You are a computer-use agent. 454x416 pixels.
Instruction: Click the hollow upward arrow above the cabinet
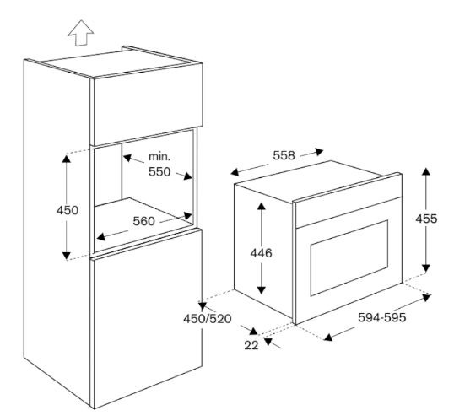[80, 33]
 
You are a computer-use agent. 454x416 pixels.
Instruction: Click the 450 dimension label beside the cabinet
[68, 210]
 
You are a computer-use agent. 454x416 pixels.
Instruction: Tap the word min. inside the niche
[159, 157]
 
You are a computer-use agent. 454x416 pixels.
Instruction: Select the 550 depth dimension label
[159, 172]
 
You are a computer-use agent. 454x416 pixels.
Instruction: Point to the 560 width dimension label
[144, 221]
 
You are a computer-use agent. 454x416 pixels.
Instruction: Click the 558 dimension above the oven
[284, 155]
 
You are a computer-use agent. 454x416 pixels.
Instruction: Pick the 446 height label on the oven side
[261, 253]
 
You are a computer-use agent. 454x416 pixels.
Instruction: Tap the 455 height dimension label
[426, 219]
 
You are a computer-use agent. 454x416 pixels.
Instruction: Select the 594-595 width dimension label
[382, 317]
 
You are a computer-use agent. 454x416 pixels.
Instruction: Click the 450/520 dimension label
[208, 319]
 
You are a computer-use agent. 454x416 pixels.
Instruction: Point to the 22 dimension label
[251, 345]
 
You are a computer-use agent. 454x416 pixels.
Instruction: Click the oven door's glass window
[349, 258]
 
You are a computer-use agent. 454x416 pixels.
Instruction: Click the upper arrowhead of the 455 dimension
[425, 171]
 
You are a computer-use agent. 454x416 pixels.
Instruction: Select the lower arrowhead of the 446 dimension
[262, 289]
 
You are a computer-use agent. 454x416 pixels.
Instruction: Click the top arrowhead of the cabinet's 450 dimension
[67, 159]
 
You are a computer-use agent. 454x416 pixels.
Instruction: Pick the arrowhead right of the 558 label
[319, 151]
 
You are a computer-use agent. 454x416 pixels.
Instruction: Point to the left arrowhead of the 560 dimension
[101, 237]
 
